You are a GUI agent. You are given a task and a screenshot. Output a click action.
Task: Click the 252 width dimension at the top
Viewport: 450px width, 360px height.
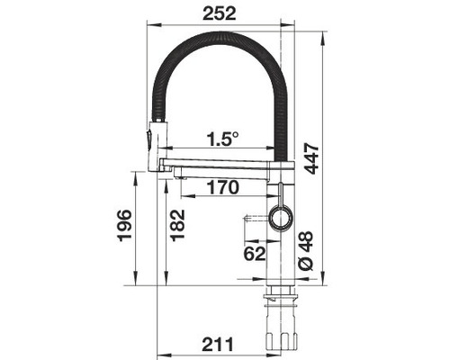tap(220, 13)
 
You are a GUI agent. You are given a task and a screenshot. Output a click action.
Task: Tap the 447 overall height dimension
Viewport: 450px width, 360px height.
tap(310, 158)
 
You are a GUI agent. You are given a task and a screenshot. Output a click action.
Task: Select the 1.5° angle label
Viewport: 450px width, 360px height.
tap(222, 139)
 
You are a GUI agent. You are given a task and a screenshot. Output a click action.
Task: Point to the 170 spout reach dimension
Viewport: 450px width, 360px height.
tap(222, 187)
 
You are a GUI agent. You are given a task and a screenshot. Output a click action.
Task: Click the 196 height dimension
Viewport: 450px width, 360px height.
tap(124, 225)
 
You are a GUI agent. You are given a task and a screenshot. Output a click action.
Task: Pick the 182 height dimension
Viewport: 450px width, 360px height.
tap(177, 225)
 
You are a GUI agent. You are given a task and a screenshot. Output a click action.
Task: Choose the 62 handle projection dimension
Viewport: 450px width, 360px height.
tap(255, 254)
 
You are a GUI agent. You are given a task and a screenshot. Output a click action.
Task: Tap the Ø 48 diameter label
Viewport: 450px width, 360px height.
tap(306, 250)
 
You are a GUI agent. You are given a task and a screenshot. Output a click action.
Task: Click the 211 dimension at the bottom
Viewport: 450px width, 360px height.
tap(218, 344)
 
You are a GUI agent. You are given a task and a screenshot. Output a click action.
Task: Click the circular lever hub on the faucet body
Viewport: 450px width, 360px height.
tap(281, 218)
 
